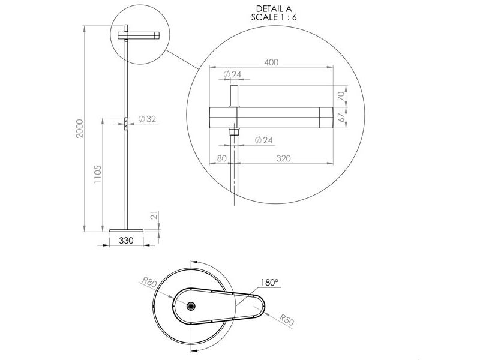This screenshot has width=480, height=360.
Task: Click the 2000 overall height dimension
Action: (80, 128)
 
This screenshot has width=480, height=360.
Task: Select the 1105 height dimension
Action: (97, 174)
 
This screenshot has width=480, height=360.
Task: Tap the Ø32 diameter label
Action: (147, 119)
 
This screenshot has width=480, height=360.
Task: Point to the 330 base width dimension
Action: (126, 241)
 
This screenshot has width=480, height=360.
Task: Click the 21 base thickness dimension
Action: (155, 215)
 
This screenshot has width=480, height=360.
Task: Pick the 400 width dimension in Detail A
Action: (271, 62)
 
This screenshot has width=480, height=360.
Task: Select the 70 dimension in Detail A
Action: (341, 96)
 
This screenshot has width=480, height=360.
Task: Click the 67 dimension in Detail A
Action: (341, 117)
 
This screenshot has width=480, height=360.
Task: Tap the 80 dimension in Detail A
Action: (221, 158)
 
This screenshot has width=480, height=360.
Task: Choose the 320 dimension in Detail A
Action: (283, 158)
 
